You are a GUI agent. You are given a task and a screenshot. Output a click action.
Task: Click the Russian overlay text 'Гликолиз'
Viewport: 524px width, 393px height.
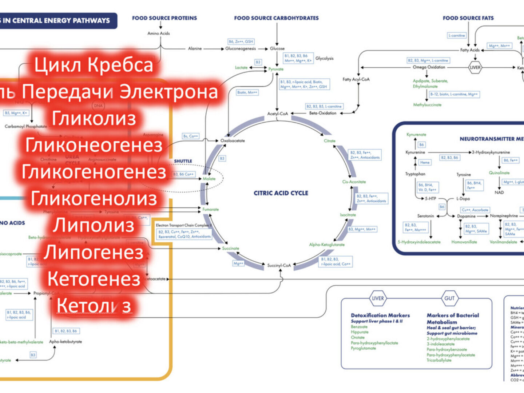click(x=94, y=119)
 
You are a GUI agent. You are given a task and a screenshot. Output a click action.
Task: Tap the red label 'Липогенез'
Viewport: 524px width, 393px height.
click(x=94, y=253)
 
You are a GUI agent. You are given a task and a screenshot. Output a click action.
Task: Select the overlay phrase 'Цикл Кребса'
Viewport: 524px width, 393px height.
click(x=94, y=65)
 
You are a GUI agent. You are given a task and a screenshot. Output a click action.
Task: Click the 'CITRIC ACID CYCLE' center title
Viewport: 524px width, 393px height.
click(x=281, y=193)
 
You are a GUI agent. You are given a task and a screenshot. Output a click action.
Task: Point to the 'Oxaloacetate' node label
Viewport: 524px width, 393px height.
click(x=233, y=141)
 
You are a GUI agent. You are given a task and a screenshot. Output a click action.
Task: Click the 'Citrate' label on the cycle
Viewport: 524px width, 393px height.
click(x=330, y=141)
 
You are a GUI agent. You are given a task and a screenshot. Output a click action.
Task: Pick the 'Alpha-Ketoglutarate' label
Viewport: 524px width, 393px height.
click(x=327, y=245)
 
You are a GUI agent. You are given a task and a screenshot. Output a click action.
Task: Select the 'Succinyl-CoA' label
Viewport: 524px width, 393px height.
click(x=279, y=265)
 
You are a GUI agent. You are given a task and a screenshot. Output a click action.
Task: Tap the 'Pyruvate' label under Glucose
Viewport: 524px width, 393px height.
click(x=276, y=69)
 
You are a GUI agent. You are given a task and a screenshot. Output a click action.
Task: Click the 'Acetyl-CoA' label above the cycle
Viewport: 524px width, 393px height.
click(x=278, y=114)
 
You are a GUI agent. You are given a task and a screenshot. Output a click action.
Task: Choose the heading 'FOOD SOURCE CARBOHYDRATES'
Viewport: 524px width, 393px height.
click(x=276, y=18)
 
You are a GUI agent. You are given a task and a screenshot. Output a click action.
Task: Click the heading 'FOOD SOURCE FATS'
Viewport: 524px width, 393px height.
click(x=468, y=18)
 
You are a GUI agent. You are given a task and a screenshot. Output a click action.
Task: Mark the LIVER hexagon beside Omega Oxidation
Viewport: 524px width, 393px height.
click(x=475, y=67)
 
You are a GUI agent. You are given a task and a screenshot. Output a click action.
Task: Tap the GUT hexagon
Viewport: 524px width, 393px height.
click(x=449, y=298)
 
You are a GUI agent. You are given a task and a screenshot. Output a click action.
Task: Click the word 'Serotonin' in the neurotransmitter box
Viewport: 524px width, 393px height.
click(x=425, y=216)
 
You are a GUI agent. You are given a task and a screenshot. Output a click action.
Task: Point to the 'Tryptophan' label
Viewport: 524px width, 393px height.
click(x=415, y=174)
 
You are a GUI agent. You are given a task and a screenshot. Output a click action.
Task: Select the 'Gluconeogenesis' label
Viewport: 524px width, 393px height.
click(x=241, y=48)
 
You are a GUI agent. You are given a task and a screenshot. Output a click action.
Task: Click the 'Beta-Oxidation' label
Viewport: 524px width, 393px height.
click(x=323, y=113)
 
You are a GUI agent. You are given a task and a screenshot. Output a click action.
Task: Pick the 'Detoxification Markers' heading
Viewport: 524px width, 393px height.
click(x=380, y=315)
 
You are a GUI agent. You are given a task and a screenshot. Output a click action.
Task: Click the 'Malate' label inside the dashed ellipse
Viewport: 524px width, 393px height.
click(x=209, y=179)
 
